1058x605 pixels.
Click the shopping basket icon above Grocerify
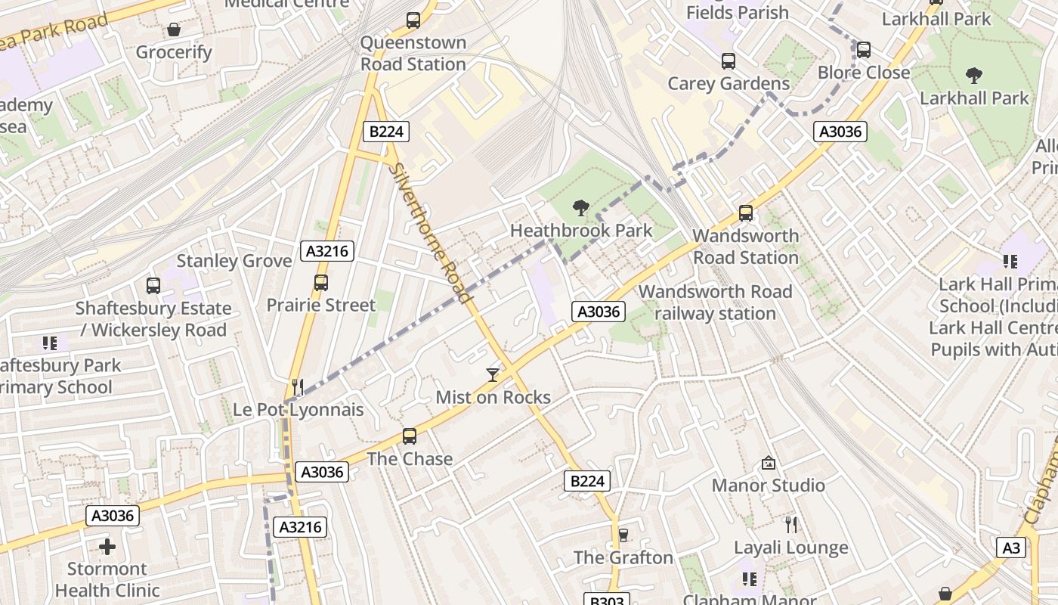point(174,29)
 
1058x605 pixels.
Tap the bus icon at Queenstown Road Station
point(413,20)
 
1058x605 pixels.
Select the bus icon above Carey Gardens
point(729,61)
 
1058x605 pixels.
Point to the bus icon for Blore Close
point(864,50)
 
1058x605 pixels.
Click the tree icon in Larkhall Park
point(974,75)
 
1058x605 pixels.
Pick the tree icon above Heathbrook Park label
point(581,207)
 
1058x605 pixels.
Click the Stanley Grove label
point(234,261)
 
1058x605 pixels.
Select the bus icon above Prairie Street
point(321,283)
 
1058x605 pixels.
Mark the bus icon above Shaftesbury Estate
point(153,286)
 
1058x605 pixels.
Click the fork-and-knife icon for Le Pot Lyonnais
point(298,387)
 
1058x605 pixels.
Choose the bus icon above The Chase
point(410,436)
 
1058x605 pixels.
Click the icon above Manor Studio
point(769,463)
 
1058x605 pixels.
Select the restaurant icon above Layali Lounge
point(791,525)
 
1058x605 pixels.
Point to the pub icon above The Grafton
point(623,535)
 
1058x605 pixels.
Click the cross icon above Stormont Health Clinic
point(107,546)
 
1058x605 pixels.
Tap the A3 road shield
point(1011,548)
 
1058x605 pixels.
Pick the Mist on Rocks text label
point(493,397)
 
